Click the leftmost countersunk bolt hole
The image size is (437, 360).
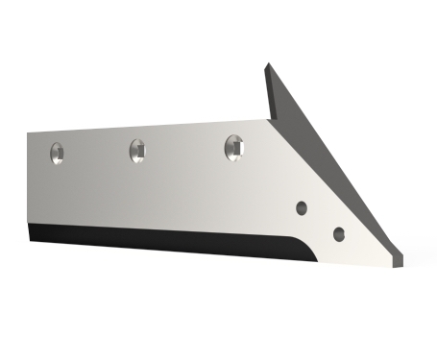pos(58,151)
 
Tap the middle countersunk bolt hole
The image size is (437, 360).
pos(136,149)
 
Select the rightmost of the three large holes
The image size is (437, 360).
pos(233,146)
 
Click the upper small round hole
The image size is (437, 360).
pos(301,206)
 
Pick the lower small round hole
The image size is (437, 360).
pos(338,233)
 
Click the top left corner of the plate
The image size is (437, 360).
pos(29,133)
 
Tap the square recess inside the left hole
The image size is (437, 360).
pos(58,151)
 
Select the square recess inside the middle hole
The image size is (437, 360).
pos(137,149)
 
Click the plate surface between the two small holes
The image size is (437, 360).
pos(320,220)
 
